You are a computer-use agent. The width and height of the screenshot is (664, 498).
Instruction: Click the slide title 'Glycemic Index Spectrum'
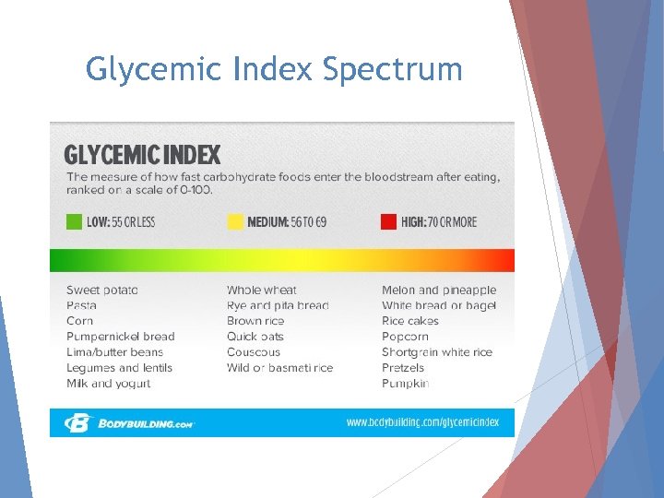tap(274, 68)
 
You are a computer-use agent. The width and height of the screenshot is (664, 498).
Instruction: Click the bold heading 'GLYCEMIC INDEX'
tap(142, 154)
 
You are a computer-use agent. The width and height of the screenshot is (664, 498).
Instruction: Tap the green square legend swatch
tap(74, 221)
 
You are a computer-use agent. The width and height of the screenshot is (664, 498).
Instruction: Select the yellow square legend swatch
tap(235, 221)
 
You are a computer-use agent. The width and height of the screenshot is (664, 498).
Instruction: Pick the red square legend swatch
tap(388, 221)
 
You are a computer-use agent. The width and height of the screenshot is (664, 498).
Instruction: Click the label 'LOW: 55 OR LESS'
tap(121, 222)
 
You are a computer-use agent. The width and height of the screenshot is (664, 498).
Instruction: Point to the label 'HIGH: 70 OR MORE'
tap(439, 222)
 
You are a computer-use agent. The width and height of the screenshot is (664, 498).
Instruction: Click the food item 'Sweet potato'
tap(102, 290)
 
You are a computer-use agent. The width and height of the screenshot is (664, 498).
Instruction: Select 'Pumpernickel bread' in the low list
tap(120, 337)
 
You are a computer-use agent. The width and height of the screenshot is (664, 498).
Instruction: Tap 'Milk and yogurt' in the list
tap(108, 384)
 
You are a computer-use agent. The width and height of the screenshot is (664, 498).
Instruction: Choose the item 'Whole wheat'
tap(262, 290)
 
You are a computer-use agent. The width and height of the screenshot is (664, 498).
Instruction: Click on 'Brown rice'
tap(255, 321)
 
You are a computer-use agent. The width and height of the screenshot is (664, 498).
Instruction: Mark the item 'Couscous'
tap(254, 352)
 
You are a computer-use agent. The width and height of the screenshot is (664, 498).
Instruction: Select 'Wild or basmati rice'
tap(279, 368)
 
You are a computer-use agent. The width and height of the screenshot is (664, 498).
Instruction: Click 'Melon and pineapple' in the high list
tap(439, 290)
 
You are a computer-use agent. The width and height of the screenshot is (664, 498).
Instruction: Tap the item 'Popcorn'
tap(405, 337)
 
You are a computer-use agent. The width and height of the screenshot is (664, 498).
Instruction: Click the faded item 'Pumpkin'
tap(405, 384)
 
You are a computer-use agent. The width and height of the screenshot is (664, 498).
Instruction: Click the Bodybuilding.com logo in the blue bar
tap(129, 423)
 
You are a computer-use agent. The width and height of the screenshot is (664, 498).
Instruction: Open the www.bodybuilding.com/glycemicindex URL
tap(422, 422)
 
